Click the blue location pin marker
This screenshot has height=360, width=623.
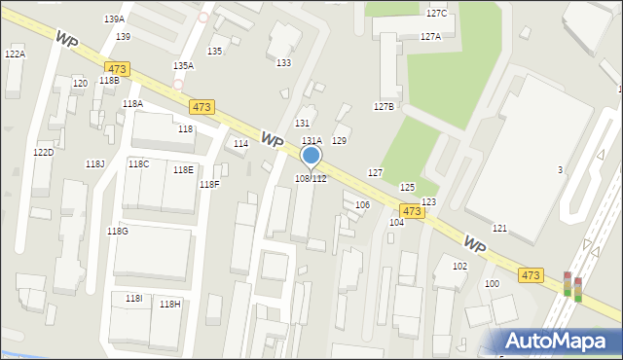311,157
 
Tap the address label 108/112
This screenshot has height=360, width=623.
311,179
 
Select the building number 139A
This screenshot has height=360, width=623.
114,19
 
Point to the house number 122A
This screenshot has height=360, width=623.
15,54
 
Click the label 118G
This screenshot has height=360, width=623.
117,231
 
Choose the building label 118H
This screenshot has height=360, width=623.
169,305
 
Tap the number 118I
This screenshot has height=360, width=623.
133,298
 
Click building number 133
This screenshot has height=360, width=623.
283,62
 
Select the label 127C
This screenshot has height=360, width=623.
436,14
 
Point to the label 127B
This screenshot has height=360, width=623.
384,106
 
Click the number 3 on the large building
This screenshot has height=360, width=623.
560,170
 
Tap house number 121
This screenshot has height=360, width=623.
499,228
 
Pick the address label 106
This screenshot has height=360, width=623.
362,204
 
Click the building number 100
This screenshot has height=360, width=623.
492,283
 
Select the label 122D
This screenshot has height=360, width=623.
43,153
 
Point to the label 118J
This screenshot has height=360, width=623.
94,163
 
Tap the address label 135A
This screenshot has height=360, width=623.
183,65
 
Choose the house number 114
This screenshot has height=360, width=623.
240,143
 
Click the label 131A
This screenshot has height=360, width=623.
311,141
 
